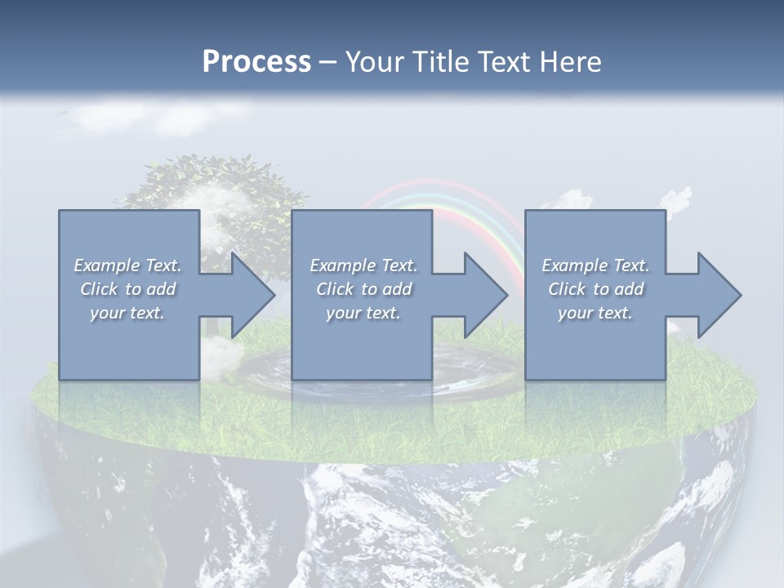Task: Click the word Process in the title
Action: tap(256, 62)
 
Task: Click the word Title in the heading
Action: tap(439, 62)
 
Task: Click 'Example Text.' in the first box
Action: tap(127, 265)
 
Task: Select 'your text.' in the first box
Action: tap(127, 313)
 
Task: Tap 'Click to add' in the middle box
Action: tap(363, 289)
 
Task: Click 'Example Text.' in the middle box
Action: tap(363, 265)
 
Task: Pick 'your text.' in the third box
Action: tap(595, 313)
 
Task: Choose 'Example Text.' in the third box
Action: tap(595, 265)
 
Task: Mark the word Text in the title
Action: tap(499, 62)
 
